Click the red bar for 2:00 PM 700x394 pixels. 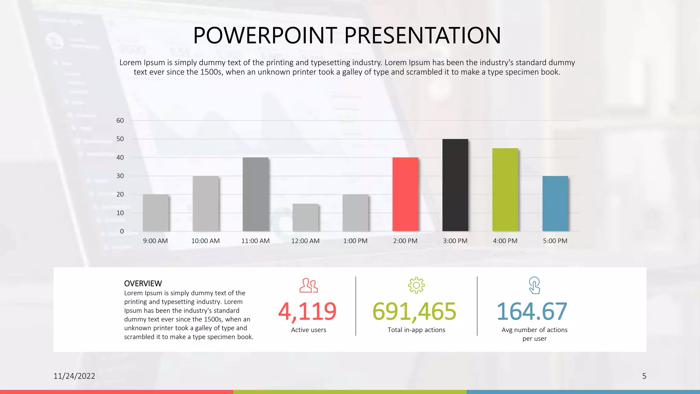[x=405, y=194]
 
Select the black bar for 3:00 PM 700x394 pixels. [x=455, y=185]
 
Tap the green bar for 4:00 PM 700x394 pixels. [x=505, y=190]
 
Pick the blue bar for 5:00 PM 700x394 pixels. [x=555, y=203]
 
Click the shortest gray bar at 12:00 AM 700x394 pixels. [x=306, y=218]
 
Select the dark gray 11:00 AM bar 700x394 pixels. [x=255, y=194]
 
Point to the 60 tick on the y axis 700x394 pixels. [x=120, y=120]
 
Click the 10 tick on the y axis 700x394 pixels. [x=120, y=213]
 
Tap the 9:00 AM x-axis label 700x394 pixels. [x=155, y=241]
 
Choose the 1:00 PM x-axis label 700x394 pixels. [x=355, y=241]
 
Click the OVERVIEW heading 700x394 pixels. [x=143, y=284]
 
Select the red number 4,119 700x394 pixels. [x=307, y=311]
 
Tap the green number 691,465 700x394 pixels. [x=414, y=311]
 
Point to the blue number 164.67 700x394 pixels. [x=532, y=311]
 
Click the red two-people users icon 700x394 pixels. [x=309, y=286]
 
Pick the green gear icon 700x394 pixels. [x=416, y=285]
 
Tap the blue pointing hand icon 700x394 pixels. [x=534, y=286]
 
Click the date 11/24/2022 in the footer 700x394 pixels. [x=74, y=376]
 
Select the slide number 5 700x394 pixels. [x=644, y=376]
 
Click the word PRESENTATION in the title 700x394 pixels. [x=422, y=35]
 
